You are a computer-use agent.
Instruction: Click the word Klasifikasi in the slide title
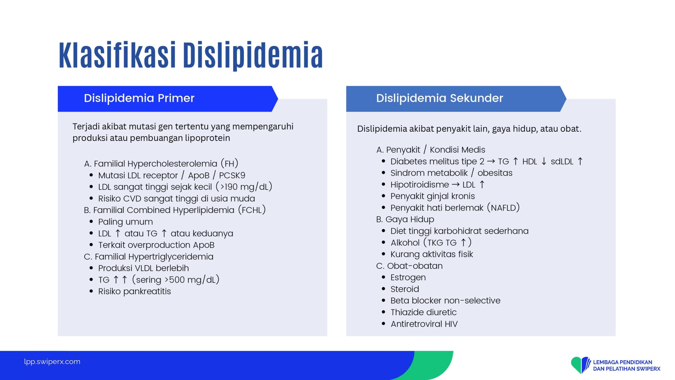point(117,55)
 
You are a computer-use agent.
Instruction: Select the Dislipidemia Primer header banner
point(168,99)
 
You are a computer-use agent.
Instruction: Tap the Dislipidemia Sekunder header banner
point(456,99)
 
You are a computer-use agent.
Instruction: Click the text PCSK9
point(232,175)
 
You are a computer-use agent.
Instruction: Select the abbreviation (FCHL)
point(252,210)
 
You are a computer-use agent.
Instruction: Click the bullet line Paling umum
point(126,222)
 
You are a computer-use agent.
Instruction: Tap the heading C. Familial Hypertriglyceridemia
point(149,256)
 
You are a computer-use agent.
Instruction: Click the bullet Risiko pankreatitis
point(134,291)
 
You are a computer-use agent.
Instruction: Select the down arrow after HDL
point(544,161)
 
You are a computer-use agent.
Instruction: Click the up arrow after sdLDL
point(580,161)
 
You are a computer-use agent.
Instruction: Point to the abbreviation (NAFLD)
point(503,208)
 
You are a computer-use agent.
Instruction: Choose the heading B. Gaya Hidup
point(405,219)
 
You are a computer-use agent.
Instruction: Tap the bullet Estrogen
point(408,278)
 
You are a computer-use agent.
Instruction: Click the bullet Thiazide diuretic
point(423,312)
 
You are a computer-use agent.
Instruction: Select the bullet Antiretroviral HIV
point(424,324)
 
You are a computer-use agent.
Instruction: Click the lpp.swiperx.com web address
point(52,362)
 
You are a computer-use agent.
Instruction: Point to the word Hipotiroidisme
point(420,184)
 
